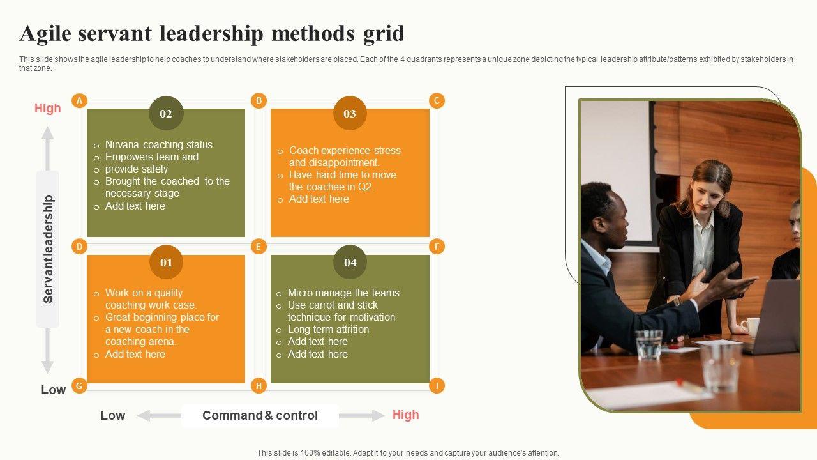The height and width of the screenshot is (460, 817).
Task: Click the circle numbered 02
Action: (x=166, y=113)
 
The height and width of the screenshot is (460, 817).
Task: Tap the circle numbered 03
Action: (x=350, y=113)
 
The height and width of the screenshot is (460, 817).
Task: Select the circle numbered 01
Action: (x=167, y=262)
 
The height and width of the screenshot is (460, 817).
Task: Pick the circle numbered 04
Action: (x=350, y=262)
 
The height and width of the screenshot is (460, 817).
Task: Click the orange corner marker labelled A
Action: (x=79, y=100)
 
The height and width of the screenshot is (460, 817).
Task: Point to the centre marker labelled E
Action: (x=259, y=247)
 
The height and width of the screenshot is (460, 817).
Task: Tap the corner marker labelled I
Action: (x=437, y=385)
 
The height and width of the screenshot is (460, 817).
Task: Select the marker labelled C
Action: (x=437, y=100)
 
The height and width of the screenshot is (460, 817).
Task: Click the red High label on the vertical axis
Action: (x=47, y=108)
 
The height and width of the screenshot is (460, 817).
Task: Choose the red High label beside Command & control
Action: (x=405, y=415)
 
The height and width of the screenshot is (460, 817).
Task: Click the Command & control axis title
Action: (x=260, y=415)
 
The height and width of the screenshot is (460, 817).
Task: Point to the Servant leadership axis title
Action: (x=48, y=249)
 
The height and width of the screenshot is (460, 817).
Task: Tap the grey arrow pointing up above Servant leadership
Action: (x=47, y=148)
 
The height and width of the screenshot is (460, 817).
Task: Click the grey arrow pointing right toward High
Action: (x=362, y=415)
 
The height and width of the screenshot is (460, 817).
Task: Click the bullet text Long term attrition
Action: (x=328, y=329)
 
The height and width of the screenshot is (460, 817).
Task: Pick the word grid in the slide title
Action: (x=384, y=34)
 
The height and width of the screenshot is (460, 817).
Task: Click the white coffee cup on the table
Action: (x=751, y=326)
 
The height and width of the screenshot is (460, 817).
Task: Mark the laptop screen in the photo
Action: (x=776, y=316)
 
